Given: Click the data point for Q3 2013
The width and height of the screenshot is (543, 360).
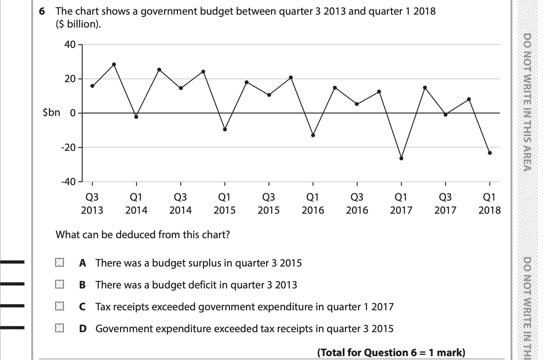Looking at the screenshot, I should tap(92, 86).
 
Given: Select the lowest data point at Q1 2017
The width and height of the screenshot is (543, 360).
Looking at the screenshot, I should tap(401, 158).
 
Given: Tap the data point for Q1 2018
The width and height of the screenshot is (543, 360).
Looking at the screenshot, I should tap(490, 153).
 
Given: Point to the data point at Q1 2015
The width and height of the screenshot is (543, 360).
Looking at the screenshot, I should tap(225, 130).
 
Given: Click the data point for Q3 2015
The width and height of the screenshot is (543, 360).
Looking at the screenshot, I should tap(269, 95).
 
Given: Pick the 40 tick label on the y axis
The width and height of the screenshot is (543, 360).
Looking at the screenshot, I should tap(70, 45).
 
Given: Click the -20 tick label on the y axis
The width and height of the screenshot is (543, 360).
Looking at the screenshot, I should tap(68, 148).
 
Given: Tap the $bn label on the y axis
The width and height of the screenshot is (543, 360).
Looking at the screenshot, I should tap(52, 113).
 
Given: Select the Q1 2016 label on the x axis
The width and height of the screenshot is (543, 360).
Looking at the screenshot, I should tap(313, 204).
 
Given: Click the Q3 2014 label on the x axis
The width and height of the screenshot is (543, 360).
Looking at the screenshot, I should tap(180, 204).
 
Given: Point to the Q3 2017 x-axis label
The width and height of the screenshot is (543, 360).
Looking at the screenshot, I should tap(445, 204).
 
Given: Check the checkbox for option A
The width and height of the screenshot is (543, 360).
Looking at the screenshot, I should tap(60, 262).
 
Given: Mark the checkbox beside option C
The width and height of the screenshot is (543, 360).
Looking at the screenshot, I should tap(60, 306).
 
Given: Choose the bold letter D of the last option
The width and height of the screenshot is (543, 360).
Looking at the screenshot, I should tap(83, 329).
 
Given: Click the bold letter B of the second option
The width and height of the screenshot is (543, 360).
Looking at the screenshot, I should tap(82, 285).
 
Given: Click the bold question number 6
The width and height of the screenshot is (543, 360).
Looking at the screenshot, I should tap(42, 12).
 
